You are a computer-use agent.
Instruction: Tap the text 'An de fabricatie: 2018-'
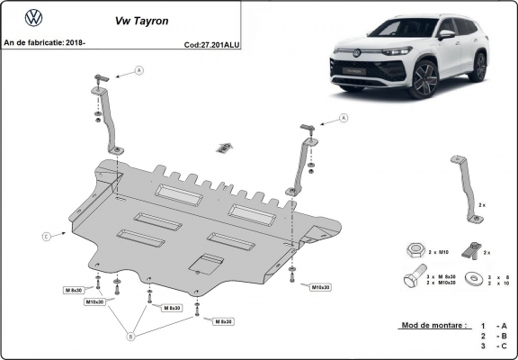point(46,42)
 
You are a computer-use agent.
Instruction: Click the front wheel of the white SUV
point(426,79)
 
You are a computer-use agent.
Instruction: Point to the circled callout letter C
point(46,237)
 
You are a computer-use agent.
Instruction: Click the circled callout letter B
point(130,336)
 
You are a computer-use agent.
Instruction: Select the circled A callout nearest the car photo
point(343,118)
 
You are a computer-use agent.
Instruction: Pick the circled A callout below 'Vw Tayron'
point(138,69)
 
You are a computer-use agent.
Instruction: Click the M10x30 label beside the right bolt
point(321,287)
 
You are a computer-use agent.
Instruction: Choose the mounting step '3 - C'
point(494,346)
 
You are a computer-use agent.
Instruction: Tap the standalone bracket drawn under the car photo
point(466,186)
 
